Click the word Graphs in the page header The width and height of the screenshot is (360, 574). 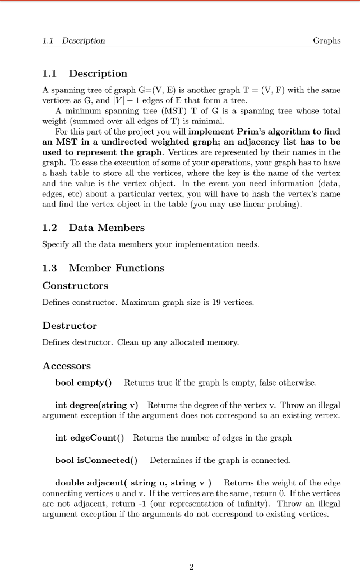point(326,40)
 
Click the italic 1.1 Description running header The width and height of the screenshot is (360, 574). point(73,40)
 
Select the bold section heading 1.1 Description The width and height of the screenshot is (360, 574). point(85,73)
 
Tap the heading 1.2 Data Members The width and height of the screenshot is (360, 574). point(93,228)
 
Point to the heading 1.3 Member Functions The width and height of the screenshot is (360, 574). point(103,268)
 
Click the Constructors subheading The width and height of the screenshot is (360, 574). point(75,286)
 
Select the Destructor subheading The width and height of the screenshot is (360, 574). point(70,326)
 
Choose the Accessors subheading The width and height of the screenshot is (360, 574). point(66,366)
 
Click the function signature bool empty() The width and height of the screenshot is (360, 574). point(83,383)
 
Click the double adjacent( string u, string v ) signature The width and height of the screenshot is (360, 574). point(133,483)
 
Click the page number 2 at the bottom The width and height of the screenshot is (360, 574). point(191,567)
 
